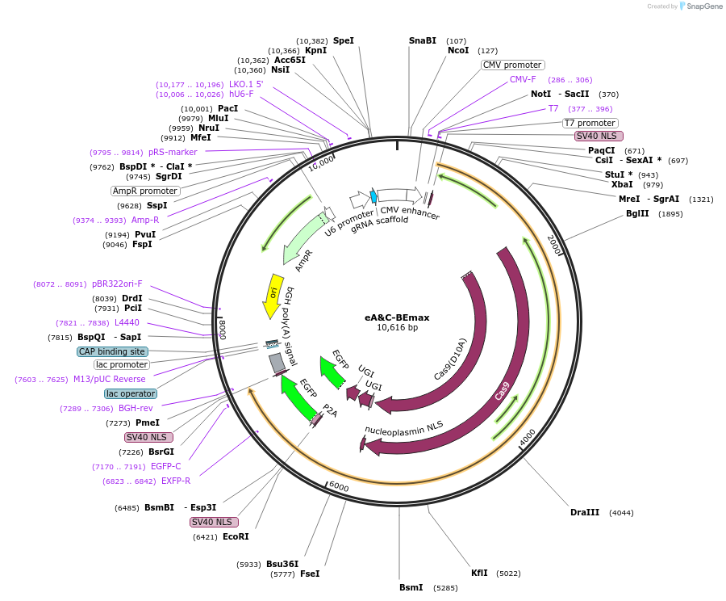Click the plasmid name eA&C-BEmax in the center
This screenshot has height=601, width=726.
[x=397, y=317]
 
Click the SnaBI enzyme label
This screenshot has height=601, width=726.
[x=422, y=40]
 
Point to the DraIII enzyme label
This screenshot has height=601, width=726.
[x=585, y=512]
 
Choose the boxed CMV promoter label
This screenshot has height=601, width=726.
[x=512, y=65]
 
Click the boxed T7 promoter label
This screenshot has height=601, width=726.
[x=590, y=123]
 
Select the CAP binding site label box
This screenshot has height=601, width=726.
[x=112, y=351]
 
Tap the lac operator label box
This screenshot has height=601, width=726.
[x=131, y=393]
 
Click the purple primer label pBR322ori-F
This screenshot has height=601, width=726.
[x=117, y=284]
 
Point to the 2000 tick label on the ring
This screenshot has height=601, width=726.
[x=553, y=243]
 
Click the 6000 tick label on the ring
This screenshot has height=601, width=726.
[x=338, y=487]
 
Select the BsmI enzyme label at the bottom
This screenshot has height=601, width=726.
[x=411, y=587]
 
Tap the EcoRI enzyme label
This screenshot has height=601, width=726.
[x=236, y=536]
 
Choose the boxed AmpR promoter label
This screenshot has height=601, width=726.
[x=145, y=191]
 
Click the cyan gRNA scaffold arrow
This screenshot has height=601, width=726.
[x=373, y=196]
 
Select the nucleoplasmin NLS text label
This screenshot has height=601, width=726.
[x=404, y=430]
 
